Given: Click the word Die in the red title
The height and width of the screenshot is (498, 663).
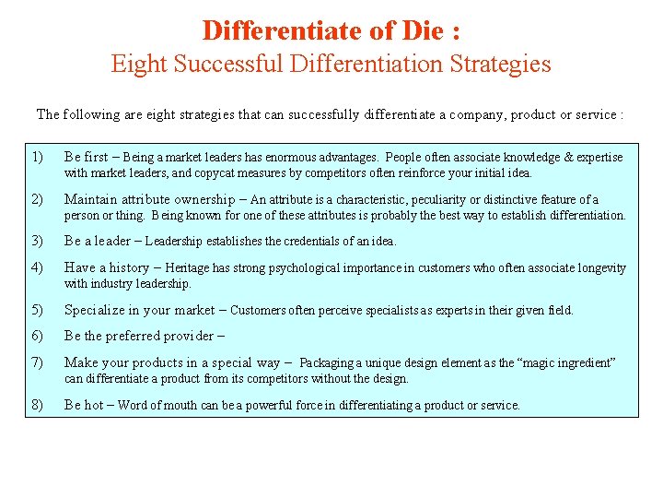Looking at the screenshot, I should coord(422,30).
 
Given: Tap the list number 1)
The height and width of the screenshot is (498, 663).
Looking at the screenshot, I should coord(37,157).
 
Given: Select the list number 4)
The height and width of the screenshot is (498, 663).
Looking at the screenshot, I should coord(37,267).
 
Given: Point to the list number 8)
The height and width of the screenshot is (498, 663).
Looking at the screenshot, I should coord(37,405).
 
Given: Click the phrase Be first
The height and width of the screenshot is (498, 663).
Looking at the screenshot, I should coord(86,157).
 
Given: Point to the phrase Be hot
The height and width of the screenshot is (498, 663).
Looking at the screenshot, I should coord(83,405).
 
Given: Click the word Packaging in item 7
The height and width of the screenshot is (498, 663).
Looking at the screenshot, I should coord(329,362).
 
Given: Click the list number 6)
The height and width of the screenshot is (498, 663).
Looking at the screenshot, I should coord(37,336).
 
